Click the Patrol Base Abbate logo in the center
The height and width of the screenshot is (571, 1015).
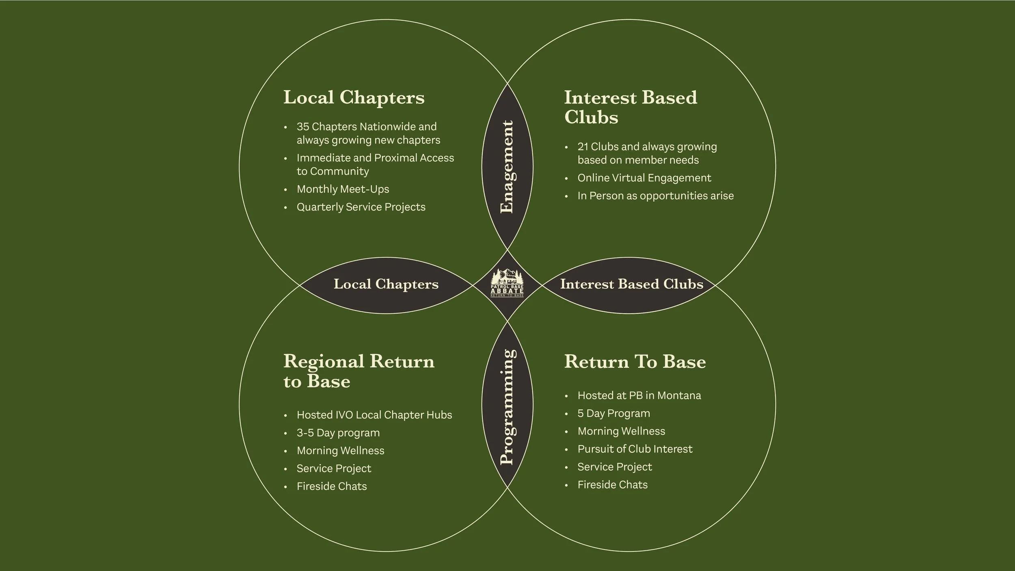coord(507,283)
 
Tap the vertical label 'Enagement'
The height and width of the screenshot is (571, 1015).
coord(507,167)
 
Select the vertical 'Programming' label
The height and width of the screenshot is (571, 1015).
coord(508,407)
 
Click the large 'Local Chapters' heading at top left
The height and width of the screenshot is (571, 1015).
coord(354,98)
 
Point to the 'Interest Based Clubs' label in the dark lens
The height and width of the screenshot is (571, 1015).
coord(631,284)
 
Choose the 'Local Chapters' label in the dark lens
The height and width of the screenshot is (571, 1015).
coord(386,284)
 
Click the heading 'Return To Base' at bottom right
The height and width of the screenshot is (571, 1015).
coord(635,362)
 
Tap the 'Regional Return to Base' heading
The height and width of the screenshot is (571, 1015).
coord(358,371)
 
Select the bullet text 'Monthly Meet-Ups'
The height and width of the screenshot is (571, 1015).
coord(343,189)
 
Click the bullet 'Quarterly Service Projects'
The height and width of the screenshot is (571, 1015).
coord(361,207)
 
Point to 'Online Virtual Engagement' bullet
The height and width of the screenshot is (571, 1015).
coord(644,178)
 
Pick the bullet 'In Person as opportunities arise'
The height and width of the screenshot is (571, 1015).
coord(655,196)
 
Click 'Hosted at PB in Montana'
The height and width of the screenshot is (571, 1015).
coord(639,395)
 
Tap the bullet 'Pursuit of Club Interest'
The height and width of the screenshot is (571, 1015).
coord(635,449)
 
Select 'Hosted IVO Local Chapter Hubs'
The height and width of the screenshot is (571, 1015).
coord(374,415)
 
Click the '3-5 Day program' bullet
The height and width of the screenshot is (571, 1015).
coord(338,433)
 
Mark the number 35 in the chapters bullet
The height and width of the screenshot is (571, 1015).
coord(303,127)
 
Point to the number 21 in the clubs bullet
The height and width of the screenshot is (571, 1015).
coord(583,147)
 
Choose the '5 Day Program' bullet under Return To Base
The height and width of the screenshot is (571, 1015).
coord(613,413)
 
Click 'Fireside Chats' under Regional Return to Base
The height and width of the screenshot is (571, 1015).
coord(331,486)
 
